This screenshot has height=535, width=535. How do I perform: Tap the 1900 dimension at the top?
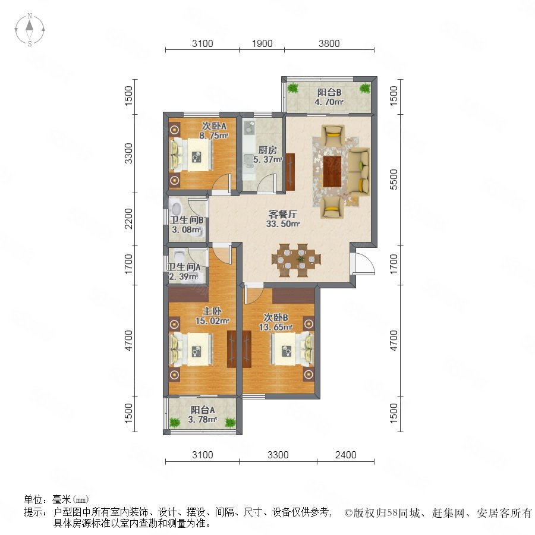tap(262, 43)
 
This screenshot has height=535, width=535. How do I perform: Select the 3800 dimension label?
tap(329, 43)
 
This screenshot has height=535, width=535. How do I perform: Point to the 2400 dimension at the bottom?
tap(345, 455)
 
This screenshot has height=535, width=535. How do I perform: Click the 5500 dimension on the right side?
tap(394, 180)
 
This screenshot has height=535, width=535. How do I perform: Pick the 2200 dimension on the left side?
tap(128, 219)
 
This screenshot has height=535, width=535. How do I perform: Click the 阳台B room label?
tap(329, 93)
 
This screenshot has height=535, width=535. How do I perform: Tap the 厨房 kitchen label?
tap(267, 150)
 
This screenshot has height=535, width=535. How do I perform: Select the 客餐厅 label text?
tap(283, 214)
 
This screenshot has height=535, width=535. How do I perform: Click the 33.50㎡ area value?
tap(283, 224)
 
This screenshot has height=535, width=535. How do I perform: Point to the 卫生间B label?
tap(187, 220)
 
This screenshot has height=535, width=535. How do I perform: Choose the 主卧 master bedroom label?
tap(212, 311)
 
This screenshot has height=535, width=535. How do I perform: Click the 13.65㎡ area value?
tap(276, 327)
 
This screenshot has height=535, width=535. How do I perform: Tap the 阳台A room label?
tap(203, 410)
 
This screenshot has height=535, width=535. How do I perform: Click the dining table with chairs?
tap(297, 260)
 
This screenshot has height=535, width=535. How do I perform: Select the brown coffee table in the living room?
tap(332, 171)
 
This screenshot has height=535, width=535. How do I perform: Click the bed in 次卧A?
tap(192, 156)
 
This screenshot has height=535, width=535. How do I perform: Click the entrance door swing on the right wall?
tap(364, 263)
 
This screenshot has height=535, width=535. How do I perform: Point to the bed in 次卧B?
tap(292, 350)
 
